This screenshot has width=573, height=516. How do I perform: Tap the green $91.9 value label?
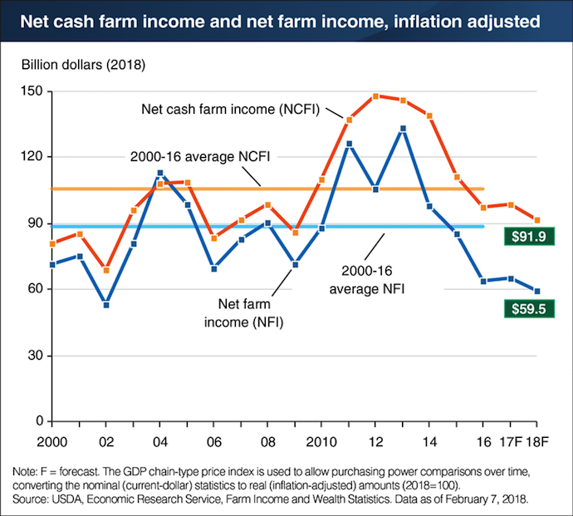click(537, 238)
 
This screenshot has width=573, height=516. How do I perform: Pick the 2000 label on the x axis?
click(51, 439)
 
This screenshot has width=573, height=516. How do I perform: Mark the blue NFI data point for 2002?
click(105, 305)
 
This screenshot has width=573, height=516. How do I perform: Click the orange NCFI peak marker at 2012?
click(375, 96)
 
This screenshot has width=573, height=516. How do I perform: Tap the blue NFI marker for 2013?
click(403, 129)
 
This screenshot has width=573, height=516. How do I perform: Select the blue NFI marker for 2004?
click(160, 173)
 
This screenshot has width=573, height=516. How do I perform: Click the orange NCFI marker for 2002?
click(105, 270)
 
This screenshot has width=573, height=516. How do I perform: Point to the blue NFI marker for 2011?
click(349, 144)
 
